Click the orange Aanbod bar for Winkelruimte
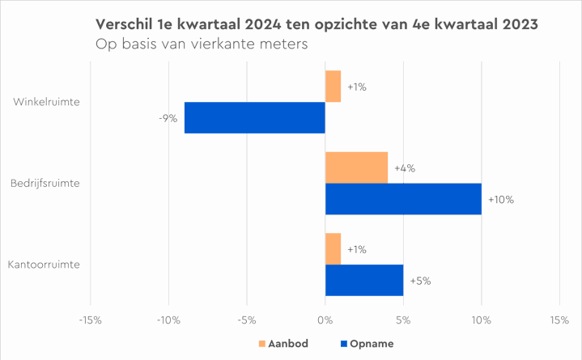coord(333,87)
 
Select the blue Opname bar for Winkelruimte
coord(254,118)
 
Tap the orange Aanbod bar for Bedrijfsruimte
coord(356,167)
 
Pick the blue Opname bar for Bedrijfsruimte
coord(403,199)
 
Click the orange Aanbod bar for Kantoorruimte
coord(333,249)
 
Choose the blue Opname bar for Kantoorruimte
coord(364,280)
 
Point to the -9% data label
coord(168,119)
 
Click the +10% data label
coord(501,200)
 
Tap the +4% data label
coord(404,168)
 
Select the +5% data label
coord(420,281)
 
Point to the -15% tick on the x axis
coord(90,320)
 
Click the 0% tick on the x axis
coord(325,320)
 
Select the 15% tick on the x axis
coord(560,320)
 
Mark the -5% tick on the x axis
coord(247,320)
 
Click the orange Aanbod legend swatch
coord(261,344)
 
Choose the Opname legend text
coord(372,344)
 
